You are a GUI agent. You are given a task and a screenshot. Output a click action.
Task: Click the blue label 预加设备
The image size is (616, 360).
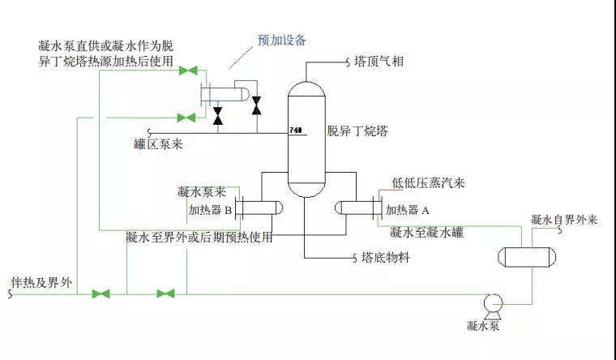pos(282,41)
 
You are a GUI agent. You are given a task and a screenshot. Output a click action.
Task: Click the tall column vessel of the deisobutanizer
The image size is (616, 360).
pos(307,138)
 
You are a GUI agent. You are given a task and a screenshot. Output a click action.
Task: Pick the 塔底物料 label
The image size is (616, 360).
pos(386,259)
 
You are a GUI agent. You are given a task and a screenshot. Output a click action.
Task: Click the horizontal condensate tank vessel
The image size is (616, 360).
pos(528,256)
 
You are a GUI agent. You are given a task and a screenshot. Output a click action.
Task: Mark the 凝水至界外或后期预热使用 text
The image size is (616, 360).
pos(199,238)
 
